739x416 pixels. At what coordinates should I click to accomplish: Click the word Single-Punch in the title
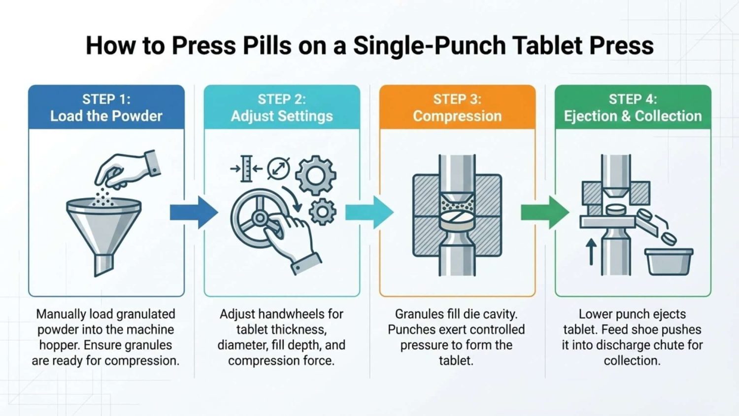430,46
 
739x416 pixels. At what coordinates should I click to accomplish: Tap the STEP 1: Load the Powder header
106,107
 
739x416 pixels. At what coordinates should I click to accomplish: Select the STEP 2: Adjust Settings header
282,107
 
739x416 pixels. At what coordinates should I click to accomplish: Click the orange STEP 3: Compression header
457,107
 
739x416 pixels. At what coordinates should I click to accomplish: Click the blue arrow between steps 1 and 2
194,212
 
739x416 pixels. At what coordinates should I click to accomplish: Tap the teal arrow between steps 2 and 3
369,212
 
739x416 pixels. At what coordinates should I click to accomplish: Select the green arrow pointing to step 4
545,212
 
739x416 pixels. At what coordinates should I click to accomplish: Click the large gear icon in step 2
315,175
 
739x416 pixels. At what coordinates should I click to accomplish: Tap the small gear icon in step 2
323,212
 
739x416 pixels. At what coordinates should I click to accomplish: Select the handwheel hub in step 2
260,217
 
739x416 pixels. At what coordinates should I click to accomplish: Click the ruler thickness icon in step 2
246,169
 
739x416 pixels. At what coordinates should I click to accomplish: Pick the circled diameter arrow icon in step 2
279,169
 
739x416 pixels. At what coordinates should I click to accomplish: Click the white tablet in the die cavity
457,219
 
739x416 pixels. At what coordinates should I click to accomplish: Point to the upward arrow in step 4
591,252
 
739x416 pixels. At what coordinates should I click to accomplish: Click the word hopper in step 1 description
60,346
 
